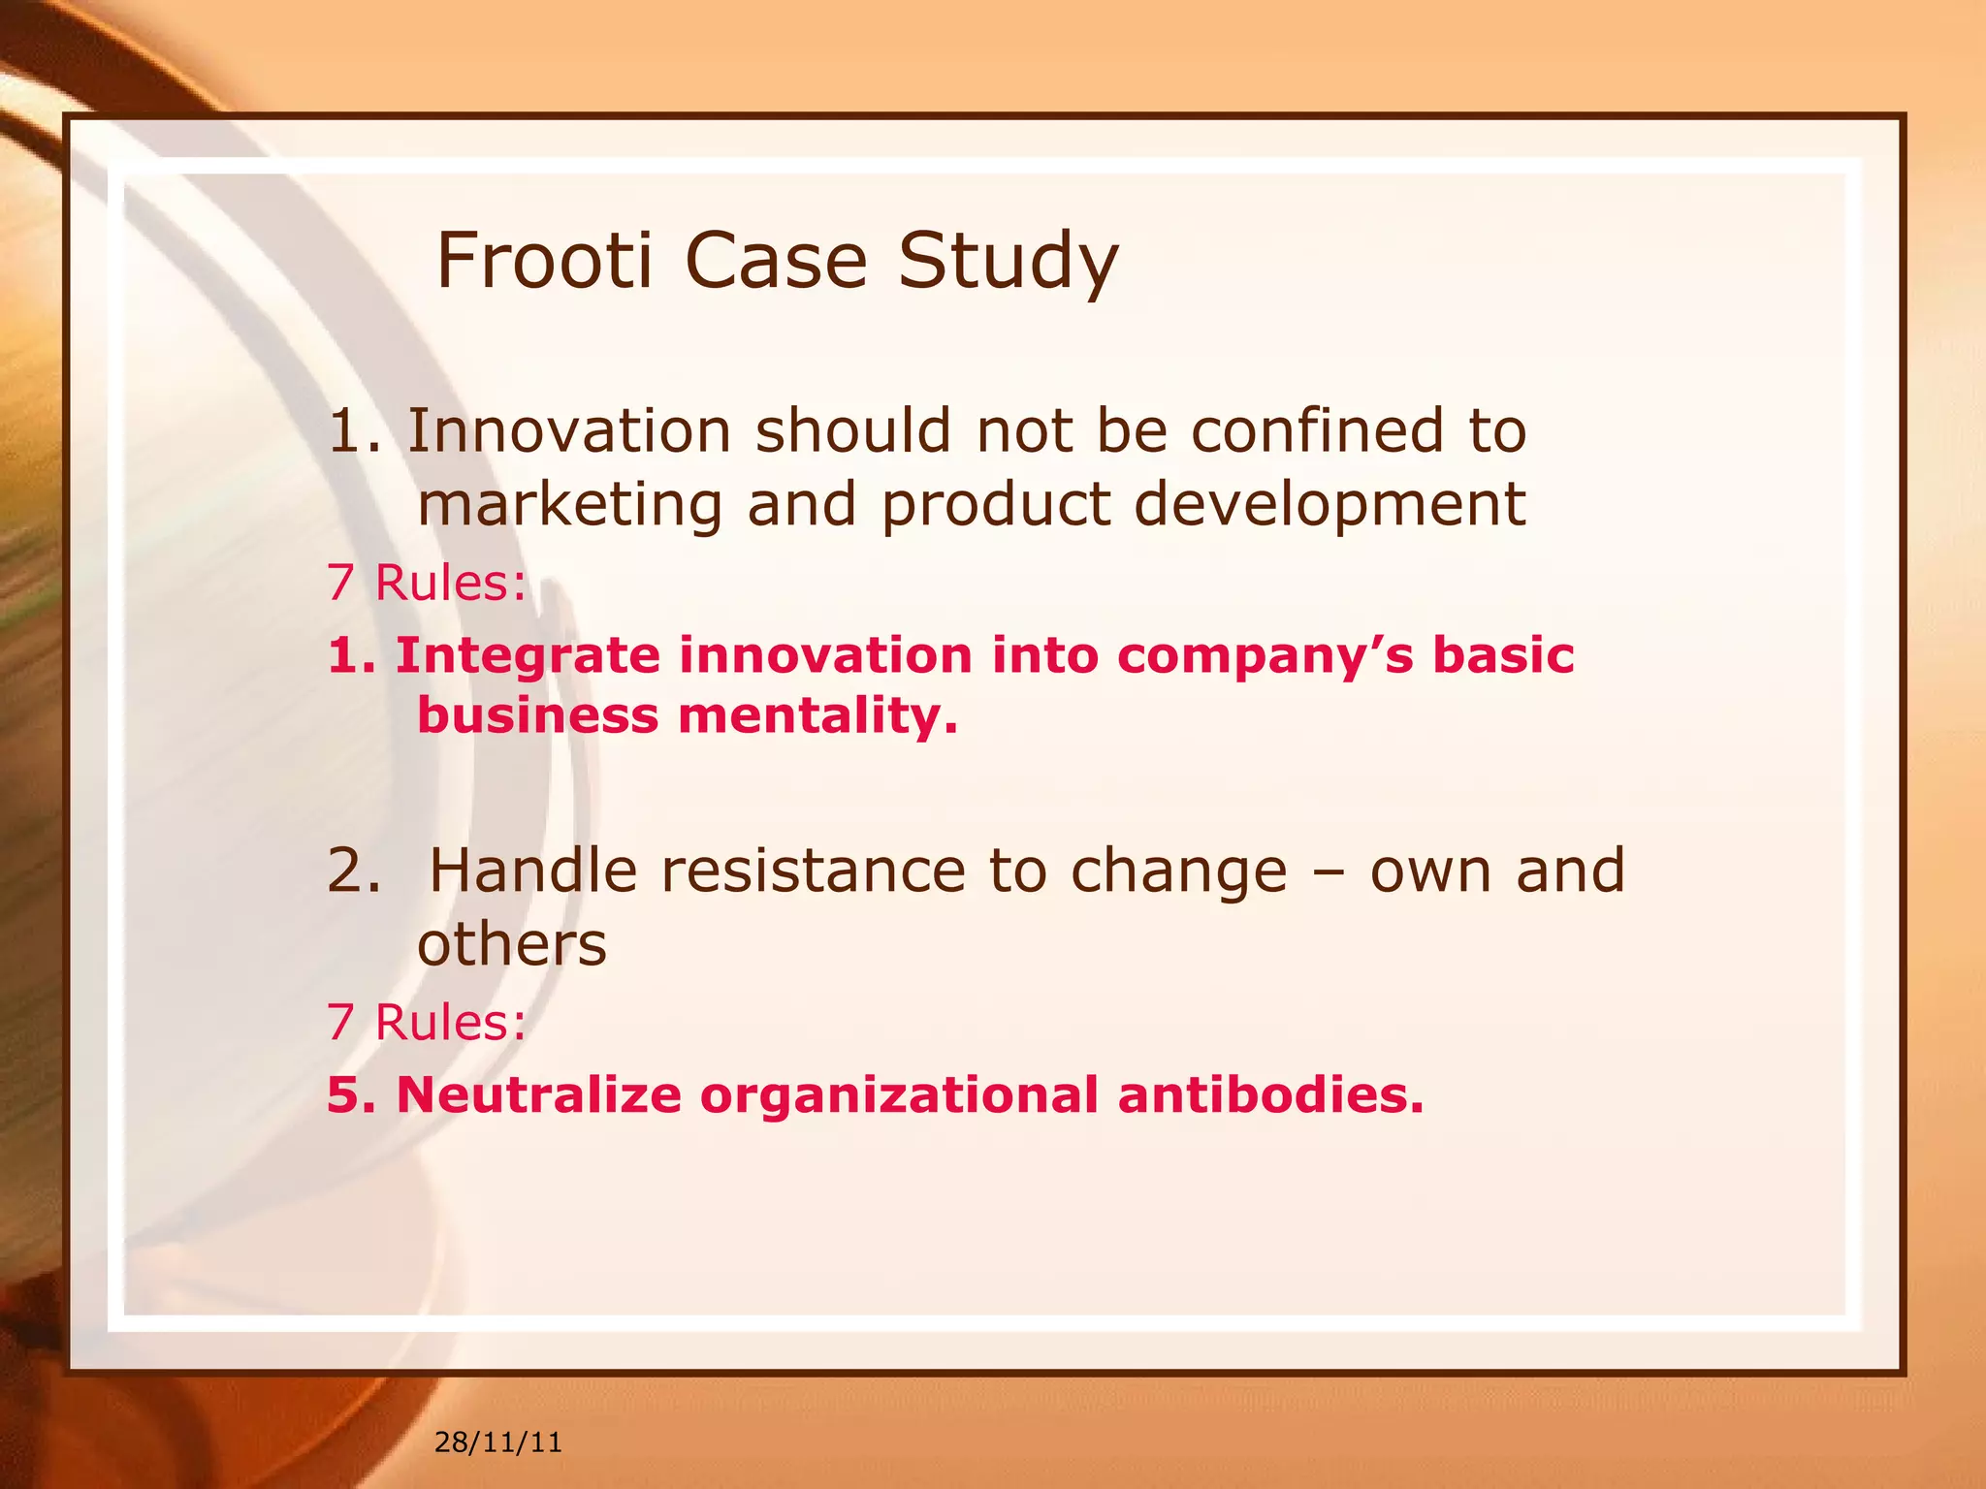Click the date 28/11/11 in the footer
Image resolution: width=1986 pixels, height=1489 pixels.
[497, 1442]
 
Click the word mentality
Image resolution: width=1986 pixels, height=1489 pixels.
[817, 716]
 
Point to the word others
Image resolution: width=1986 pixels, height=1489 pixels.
[511, 944]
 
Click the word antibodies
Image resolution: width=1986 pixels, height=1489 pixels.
[1270, 1094]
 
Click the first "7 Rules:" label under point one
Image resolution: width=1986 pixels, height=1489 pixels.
[427, 583]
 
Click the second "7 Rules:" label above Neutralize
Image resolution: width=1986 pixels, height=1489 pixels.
[427, 1022]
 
